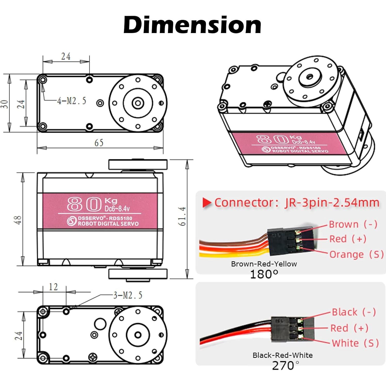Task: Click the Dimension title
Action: (x=192, y=25)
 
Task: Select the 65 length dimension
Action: (x=99, y=143)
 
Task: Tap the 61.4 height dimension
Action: (x=182, y=216)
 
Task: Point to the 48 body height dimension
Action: (x=18, y=220)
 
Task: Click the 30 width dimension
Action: (x=4, y=104)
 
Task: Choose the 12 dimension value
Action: (x=53, y=287)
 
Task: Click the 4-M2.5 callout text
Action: (x=72, y=101)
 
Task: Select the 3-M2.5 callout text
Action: (x=128, y=295)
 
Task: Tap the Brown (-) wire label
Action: (x=353, y=224)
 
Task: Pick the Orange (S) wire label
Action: (x=356, y=254)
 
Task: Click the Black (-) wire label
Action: (x=353, y=312)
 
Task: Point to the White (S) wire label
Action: (x=355, y=343)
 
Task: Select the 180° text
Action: (x=264, y=274)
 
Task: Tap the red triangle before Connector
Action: (x=207, y=203)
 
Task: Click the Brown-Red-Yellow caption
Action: (x=264, y=264)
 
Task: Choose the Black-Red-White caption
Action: (x=283, y=355)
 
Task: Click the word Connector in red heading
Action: (x=244, y=203)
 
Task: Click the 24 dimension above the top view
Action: (x=66, y=56)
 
